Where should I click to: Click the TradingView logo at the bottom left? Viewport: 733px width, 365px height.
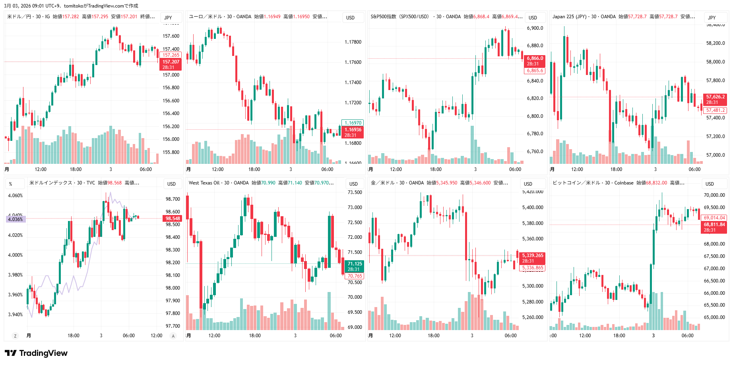36,353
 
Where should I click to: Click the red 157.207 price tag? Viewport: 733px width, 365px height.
171,62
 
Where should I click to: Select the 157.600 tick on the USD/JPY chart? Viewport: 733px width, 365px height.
171,36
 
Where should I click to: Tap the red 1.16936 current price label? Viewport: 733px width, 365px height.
353,130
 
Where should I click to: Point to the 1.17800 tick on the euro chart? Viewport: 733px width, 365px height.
353,42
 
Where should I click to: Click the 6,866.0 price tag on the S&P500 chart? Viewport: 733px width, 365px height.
535,58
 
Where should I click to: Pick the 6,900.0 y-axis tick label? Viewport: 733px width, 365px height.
535,28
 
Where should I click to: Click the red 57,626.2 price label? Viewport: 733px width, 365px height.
715,97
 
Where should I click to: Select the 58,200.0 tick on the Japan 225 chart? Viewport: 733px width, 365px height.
715,43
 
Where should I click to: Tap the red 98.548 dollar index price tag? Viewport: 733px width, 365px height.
173,219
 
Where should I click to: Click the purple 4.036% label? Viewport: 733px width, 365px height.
16,219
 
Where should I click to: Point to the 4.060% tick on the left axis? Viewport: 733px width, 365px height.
16,196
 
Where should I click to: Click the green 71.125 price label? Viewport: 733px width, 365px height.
355,264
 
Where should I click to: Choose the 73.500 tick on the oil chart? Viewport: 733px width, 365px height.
355,192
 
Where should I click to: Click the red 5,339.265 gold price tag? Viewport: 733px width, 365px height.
532,255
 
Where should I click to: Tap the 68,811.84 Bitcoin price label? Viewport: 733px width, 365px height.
714,225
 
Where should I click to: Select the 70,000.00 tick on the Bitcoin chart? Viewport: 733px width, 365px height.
714,195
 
